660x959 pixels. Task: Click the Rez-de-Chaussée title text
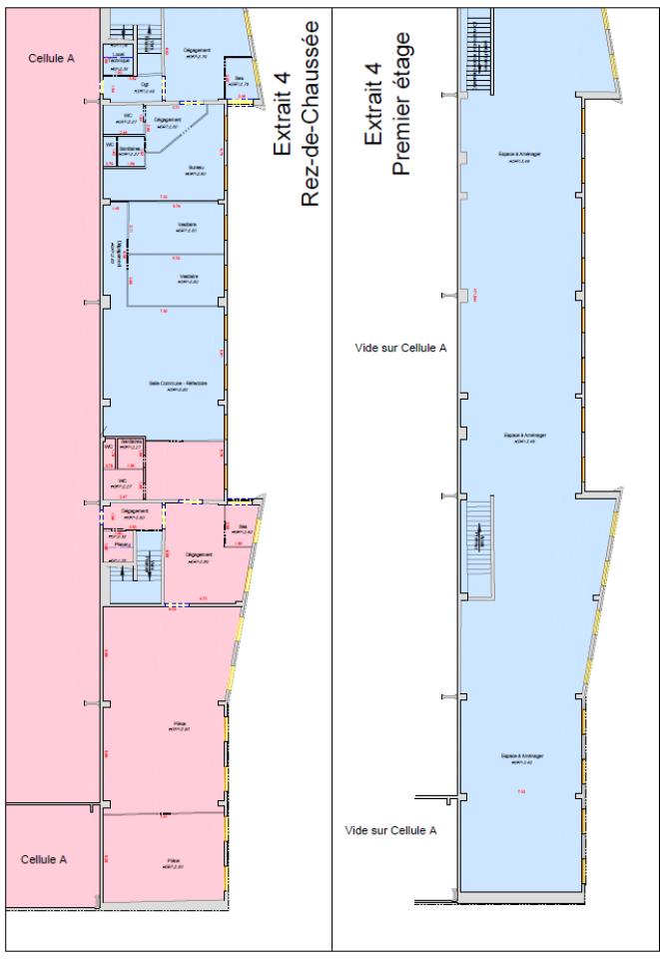311,111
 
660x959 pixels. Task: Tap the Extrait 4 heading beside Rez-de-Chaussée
282,111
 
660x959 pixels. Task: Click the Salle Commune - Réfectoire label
175,388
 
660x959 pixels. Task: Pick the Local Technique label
120,60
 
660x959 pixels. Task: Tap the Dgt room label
145,87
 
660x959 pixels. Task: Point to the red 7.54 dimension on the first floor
520,792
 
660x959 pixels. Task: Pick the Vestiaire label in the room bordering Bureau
186,226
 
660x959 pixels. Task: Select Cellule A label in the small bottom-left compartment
44,859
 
